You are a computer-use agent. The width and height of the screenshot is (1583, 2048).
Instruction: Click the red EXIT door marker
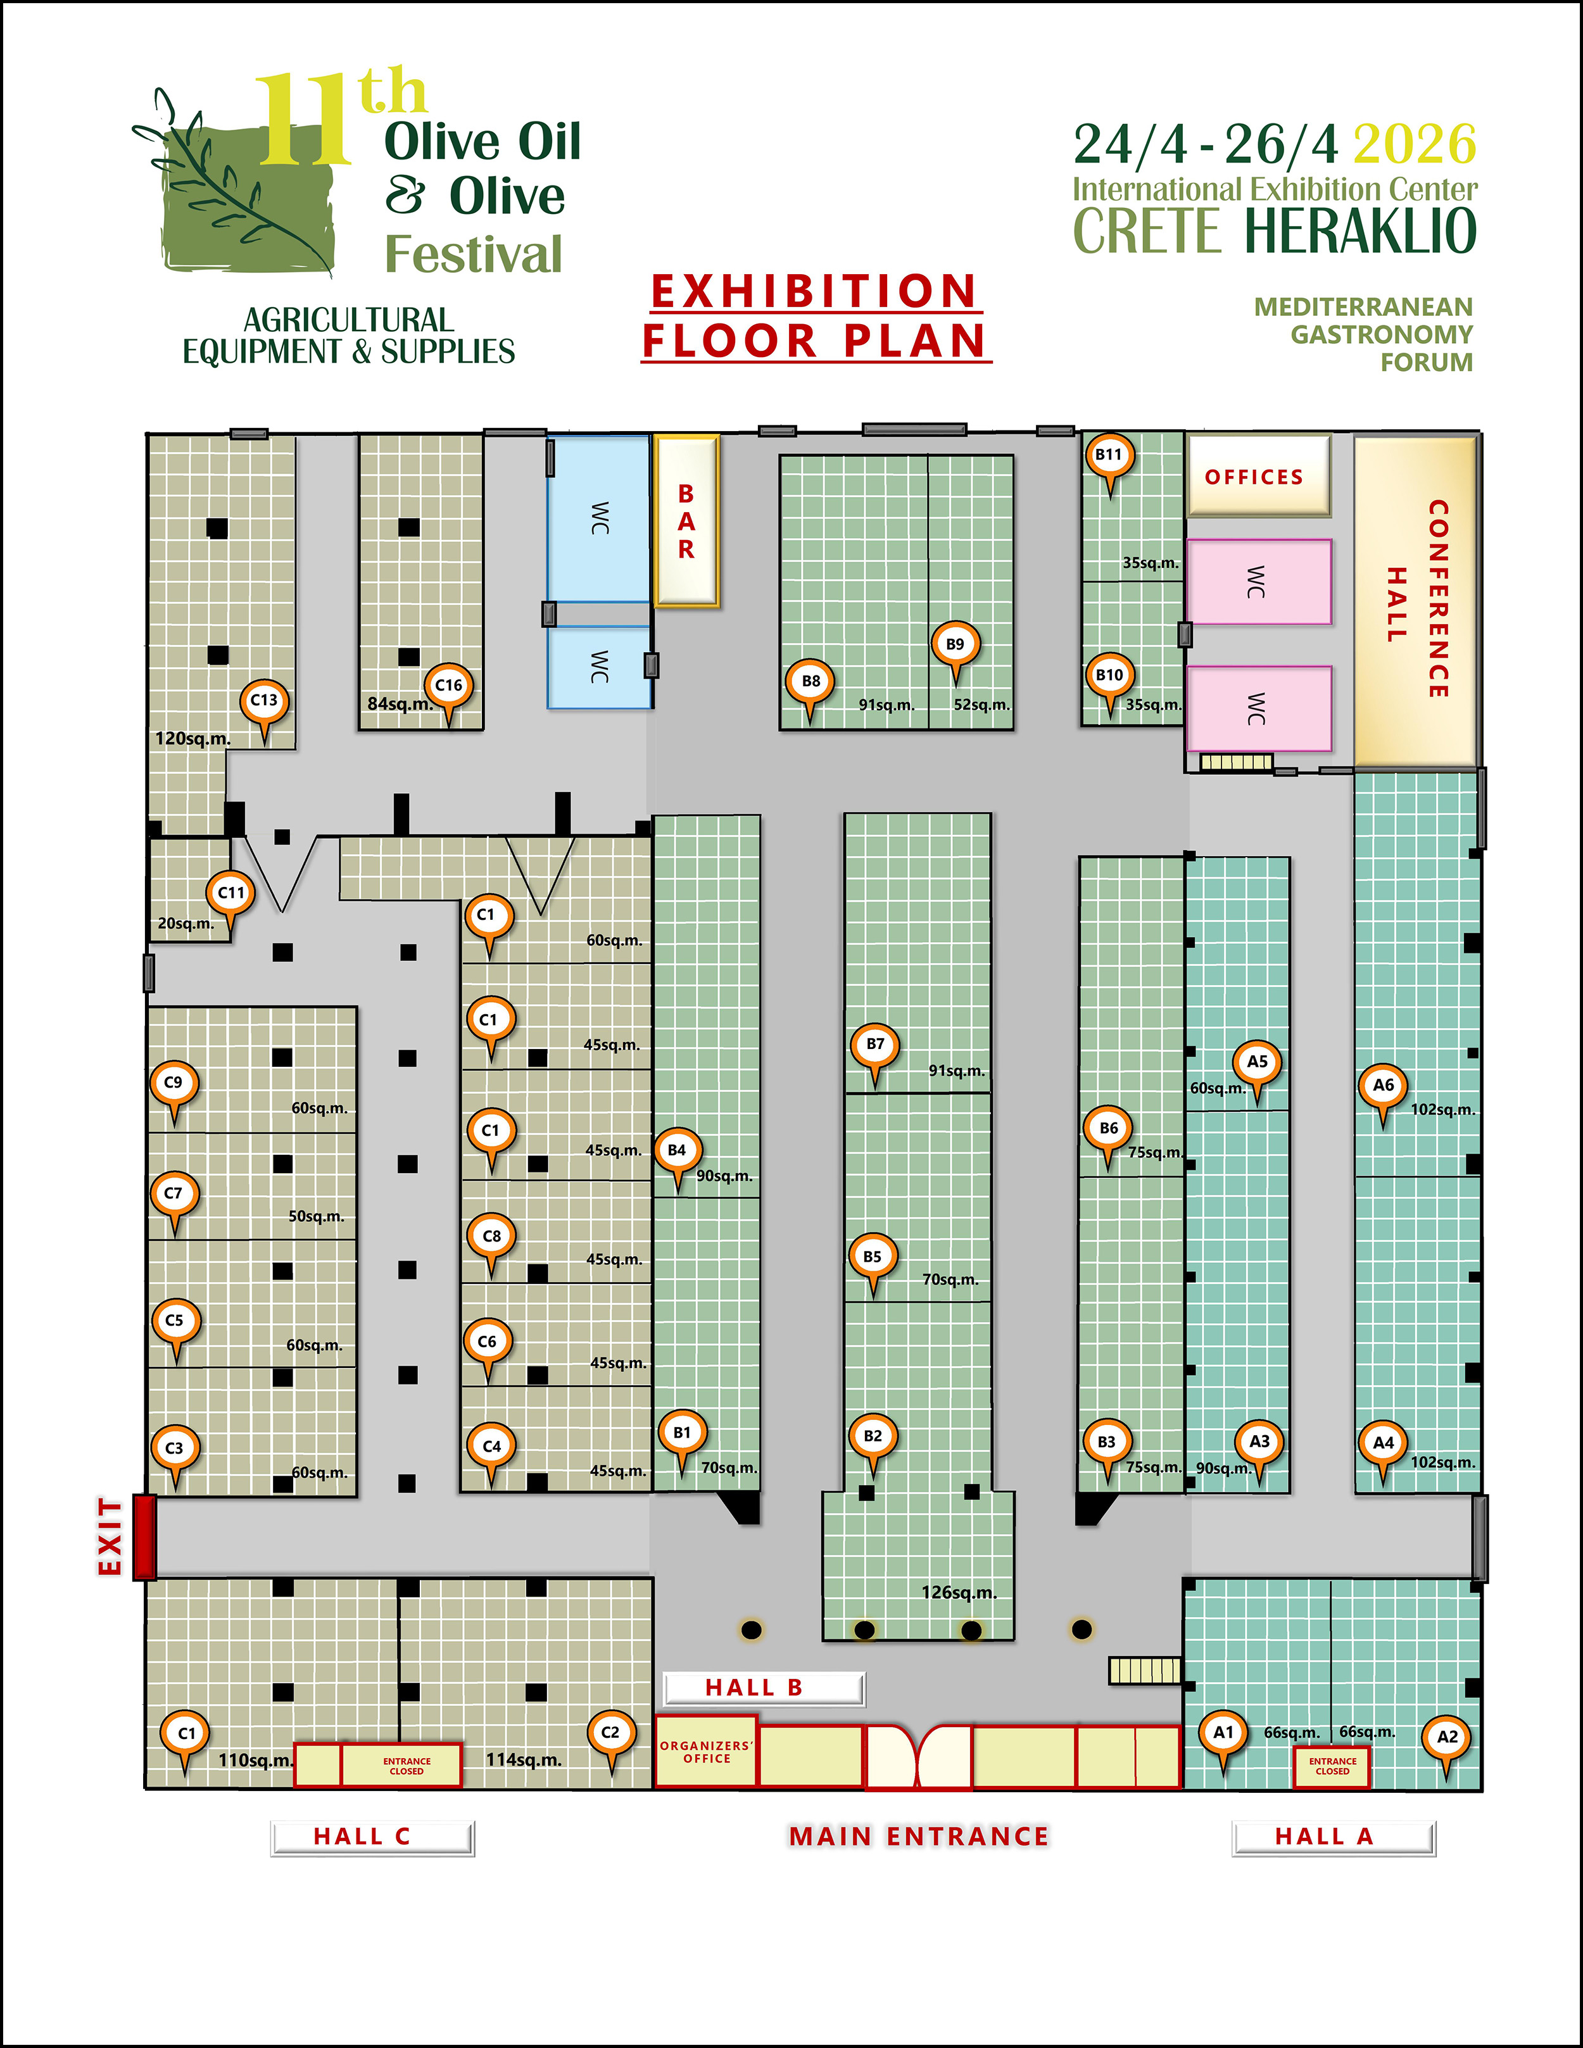(144, 1537)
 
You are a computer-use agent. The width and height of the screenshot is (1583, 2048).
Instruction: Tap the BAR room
(686, 522)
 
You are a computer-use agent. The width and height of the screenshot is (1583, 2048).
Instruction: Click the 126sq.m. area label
(959, 1592)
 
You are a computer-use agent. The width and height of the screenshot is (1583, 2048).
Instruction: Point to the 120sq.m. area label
(193, 739)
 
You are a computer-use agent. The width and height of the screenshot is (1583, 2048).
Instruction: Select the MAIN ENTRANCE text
(918, 1836)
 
